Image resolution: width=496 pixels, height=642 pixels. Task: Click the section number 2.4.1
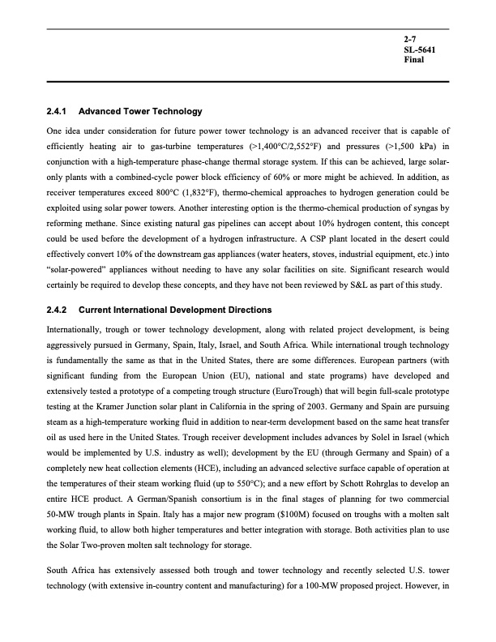[x=60, y=111]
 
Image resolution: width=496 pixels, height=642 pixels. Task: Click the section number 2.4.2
[x=60, y=310]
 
